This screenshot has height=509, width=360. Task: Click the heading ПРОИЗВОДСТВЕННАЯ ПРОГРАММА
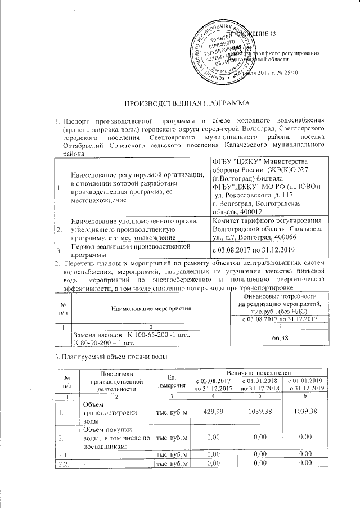pyautogui.click(x=180, y=105)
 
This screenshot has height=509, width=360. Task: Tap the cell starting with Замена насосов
pyautogui.click(x=110, y=337)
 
